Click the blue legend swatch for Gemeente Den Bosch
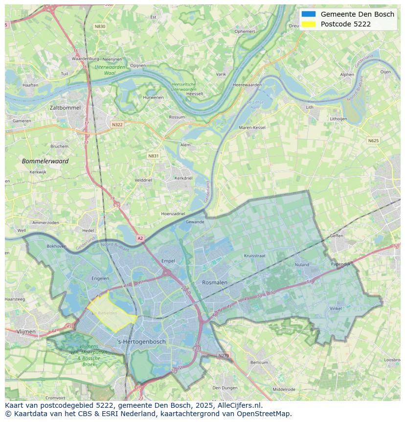point(309,14)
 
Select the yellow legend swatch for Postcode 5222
point(309,24)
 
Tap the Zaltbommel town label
point(65,107)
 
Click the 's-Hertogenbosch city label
point(142,342)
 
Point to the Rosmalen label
point(215,283)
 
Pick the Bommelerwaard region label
point(45,161)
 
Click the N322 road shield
point(117,124)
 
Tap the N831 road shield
point(154,156)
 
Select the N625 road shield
point(373,141)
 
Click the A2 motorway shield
point(140,238)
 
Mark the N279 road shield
point(224,355)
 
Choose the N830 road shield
point(100,26)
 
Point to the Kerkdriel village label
point(183,178)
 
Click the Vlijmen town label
point(26,332)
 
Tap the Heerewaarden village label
point(247,85)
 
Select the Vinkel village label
point(336,309)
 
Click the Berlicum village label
point(259,363)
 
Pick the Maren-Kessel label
point(252,127)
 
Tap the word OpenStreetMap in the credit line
point(266,414)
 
